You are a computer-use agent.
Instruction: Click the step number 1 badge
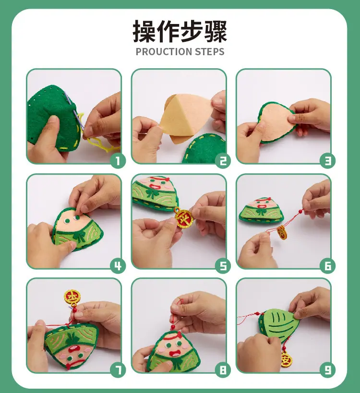coord(118,160)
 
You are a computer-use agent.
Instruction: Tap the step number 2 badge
coord(223,160)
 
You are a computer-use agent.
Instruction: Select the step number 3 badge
coord(327,160)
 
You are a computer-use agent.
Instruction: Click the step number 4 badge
coord(118,266)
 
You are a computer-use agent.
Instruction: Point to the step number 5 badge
coord(223,266)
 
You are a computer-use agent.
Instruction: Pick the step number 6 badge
coord(327,266)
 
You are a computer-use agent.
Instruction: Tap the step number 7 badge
coord(118,370)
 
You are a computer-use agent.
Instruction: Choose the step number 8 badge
coord(223,370)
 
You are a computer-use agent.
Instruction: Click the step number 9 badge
coord(327,370)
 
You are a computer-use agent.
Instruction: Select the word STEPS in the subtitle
coord(210,52)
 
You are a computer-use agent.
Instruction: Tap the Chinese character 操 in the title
coord(144,31)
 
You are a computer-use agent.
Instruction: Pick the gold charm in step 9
coord(286,359)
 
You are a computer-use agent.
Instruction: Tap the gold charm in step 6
coord(282,232)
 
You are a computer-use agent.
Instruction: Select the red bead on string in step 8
coord(172,328)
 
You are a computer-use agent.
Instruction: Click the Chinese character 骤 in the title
coord(216,31)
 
